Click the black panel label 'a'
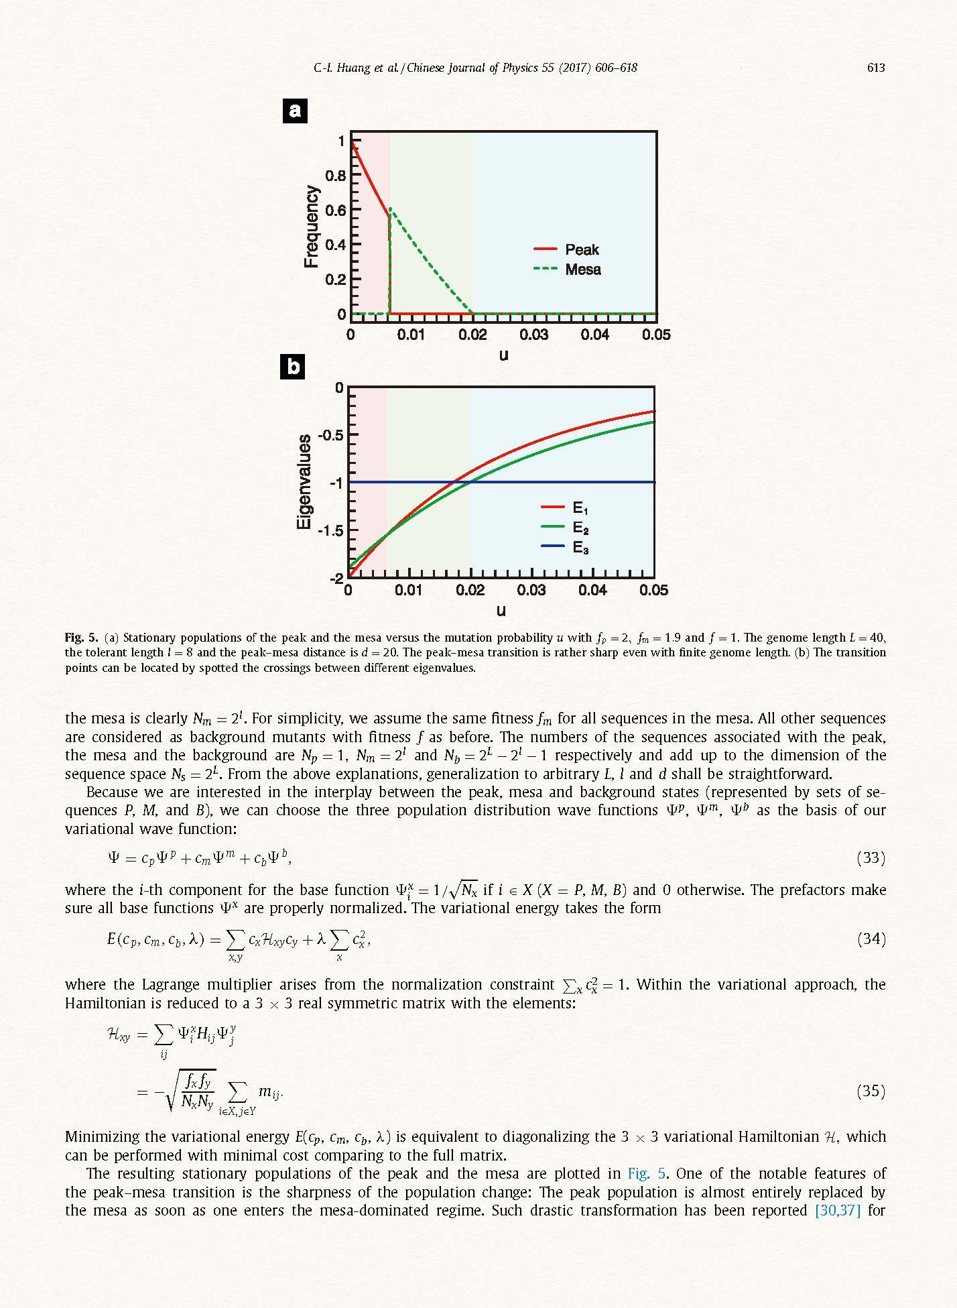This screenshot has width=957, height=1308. click(295, 111)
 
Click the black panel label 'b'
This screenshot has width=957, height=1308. click(293, 367)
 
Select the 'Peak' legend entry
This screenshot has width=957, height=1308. click(567, 249)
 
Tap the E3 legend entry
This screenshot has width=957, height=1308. click(565, 548)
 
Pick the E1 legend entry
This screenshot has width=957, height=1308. click(565, 508)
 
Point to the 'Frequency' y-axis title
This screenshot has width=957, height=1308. click(311, 227)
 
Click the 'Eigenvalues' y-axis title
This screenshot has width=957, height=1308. click(304, 481)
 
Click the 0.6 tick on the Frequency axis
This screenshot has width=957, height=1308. click(335, 210)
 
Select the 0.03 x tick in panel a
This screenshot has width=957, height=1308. click(533, 335)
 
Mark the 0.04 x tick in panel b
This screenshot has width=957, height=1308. click(592, 591)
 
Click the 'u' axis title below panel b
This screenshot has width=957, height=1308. click(501, 610)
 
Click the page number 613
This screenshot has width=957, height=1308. click(875, 68)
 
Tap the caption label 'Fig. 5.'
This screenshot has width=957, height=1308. click(82, 638)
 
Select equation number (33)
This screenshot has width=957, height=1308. click(871, 858)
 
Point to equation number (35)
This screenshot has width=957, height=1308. click(871, 1091)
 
